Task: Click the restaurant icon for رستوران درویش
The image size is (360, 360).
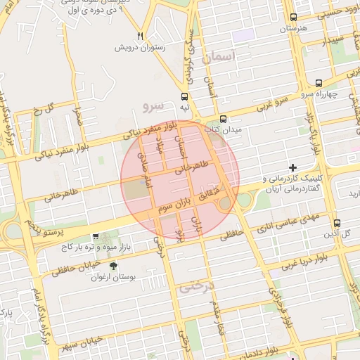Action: coord(141,36)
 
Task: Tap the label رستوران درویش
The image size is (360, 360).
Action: coord(141,48)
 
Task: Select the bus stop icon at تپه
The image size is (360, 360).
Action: coord(184,96)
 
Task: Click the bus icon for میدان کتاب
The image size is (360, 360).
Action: coord(223,119)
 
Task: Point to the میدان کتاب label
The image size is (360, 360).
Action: coord(223,130)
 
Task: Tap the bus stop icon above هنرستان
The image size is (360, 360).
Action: coord(293,17)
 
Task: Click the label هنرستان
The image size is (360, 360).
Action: coord(294,29)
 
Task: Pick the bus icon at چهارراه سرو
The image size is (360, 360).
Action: coord(319,82)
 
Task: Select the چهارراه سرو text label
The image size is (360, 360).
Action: coord(323,94)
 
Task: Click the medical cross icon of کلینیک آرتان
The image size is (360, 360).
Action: coord(293,167)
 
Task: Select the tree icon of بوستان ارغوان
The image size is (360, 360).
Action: coord(113,266)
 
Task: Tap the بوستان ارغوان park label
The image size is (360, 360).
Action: coord(113,277)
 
